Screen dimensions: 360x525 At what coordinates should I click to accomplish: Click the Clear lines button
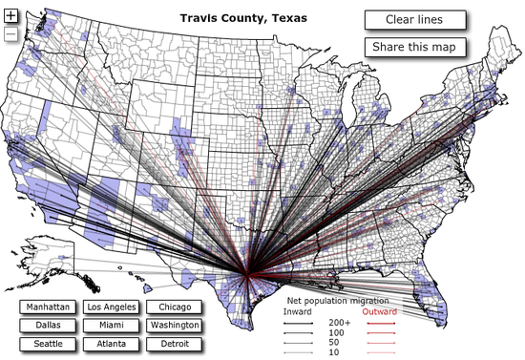click(x=415, y=20)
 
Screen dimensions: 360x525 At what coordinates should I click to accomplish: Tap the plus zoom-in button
click(x=10, y=16)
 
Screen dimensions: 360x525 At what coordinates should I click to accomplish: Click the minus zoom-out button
click(x=10, y=34)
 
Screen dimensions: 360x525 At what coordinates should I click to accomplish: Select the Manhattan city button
click(x=48, y=307)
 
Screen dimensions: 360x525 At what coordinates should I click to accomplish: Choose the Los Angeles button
click(x=111, y=307)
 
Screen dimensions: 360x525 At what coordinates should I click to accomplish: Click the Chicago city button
click(x=175, y=307)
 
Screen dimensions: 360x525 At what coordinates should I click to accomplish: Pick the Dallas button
click(x=48, y=325)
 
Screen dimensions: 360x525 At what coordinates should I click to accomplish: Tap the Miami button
click(x=111, y=325)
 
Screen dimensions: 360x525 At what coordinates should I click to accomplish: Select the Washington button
click(x=175, y=325)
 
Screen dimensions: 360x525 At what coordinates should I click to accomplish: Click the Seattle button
click(x=48, y=343)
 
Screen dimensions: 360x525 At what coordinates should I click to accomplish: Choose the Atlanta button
click(x=111, y=343)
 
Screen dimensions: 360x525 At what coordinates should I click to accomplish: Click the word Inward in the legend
click(x=299, y=311)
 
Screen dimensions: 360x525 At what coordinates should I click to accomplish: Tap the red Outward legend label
click(x=379, y=311)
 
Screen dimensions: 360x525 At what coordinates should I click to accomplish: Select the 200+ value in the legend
click(x=339, y=323)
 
